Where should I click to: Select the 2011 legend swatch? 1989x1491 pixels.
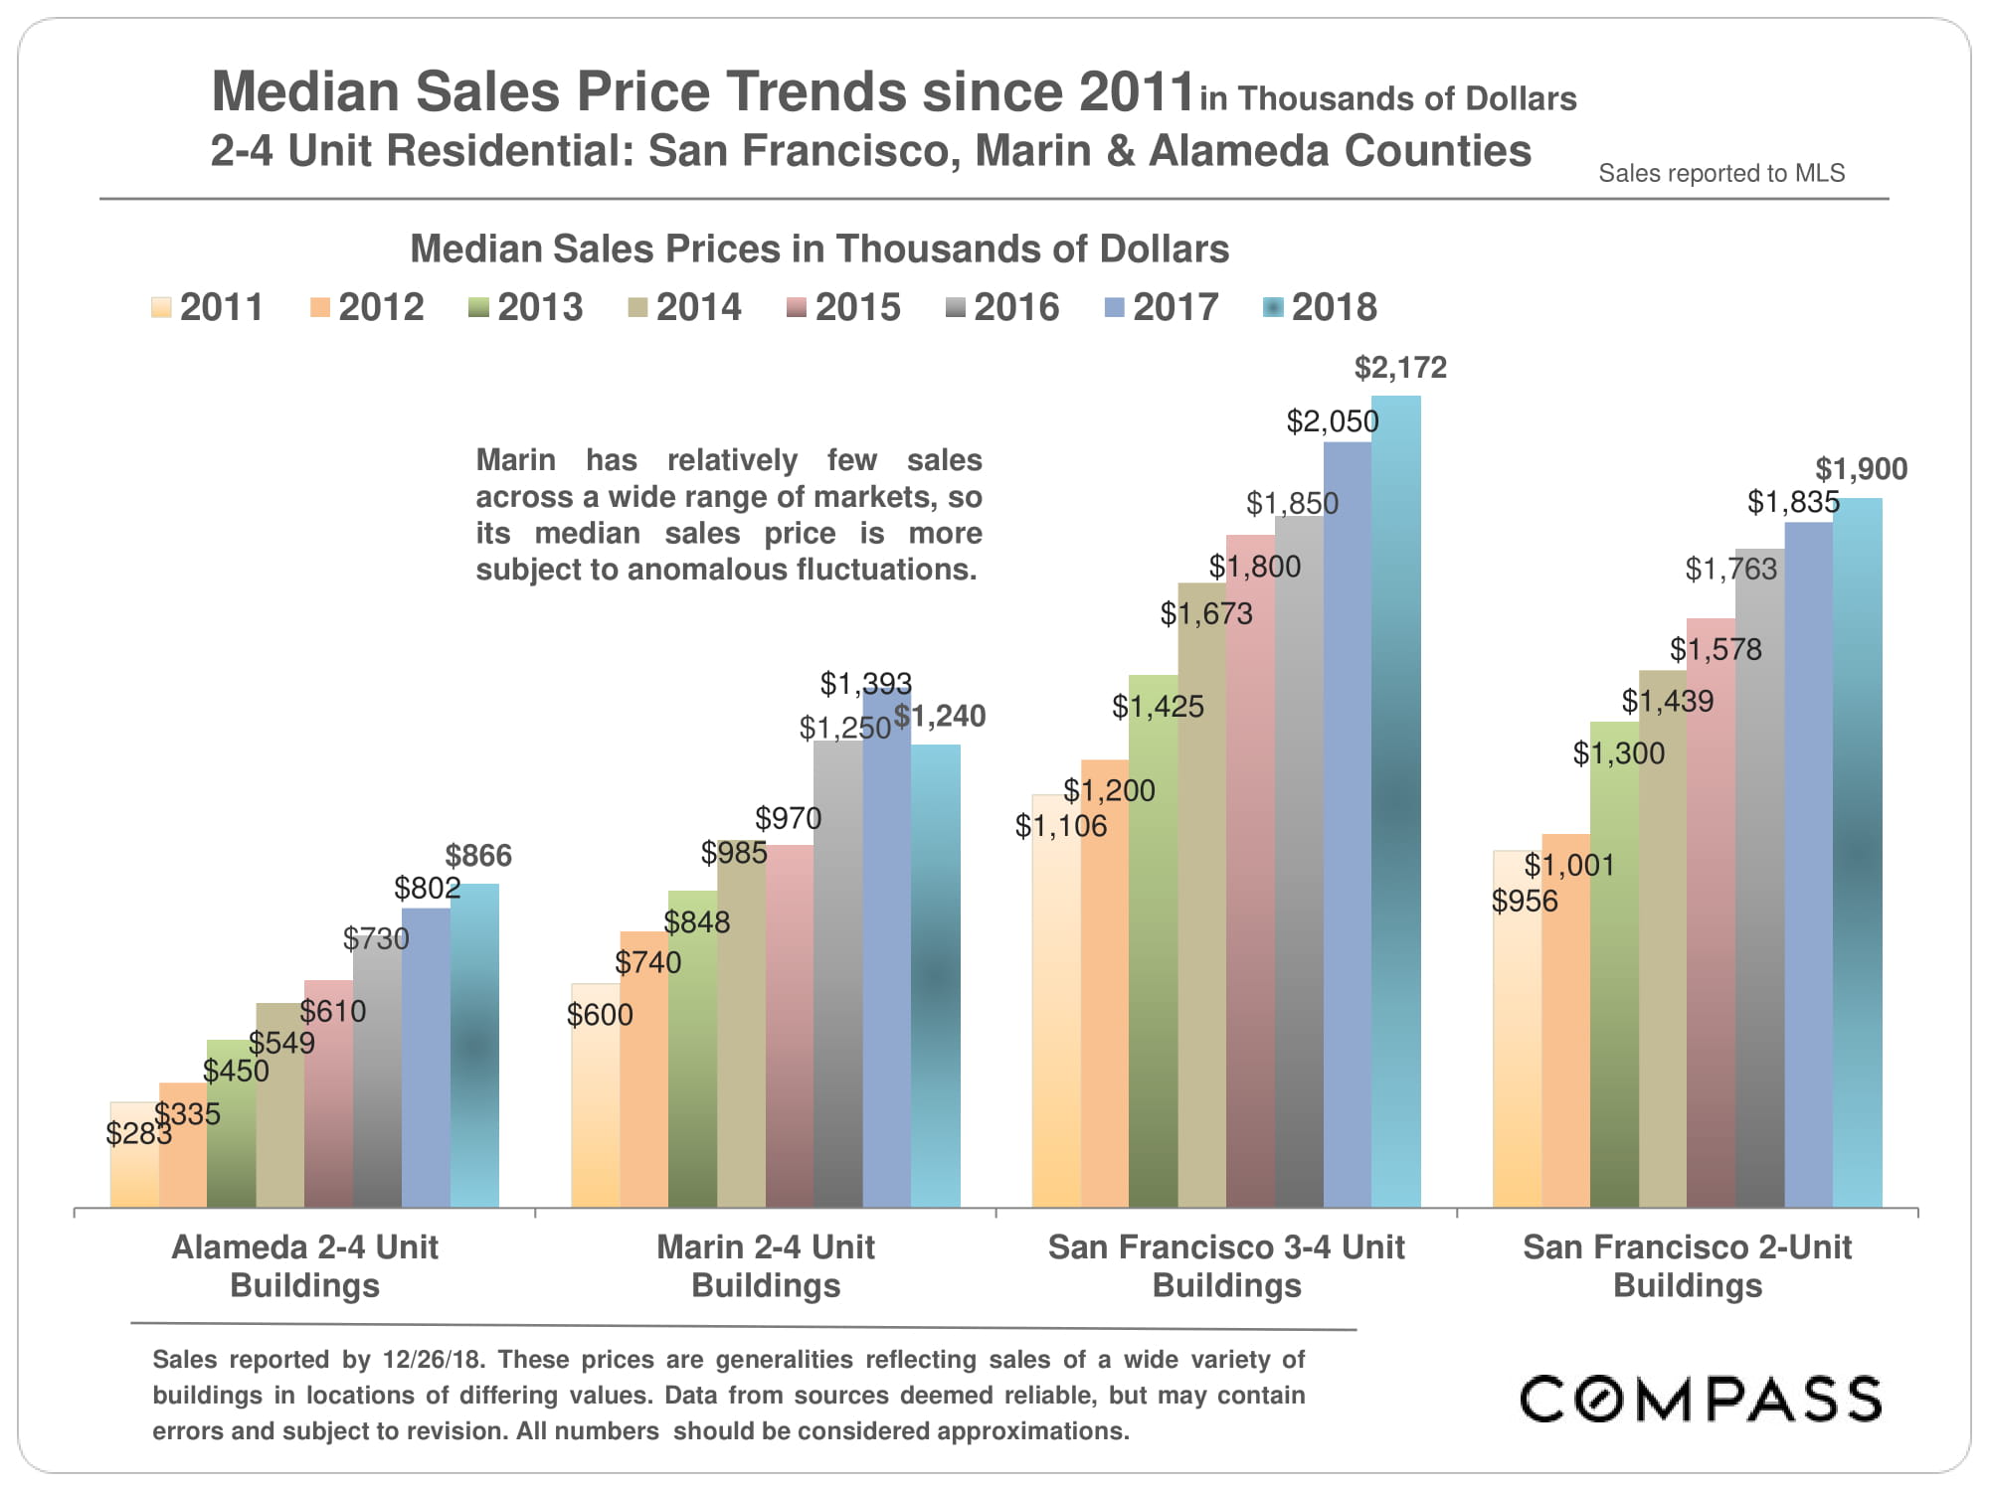pyautogui.click(x=161, y=307)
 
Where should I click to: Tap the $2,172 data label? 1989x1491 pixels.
pyautogui.click(x=1400, y=368)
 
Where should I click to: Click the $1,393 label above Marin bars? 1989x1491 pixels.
pyautogui.click(x=865, y=683)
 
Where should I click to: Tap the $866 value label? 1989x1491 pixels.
pyautogui.click(x=478, y=856)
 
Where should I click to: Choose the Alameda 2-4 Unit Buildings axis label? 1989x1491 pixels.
pyautogui.click(x=304, y=1265)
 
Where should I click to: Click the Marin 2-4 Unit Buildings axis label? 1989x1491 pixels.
pyautogui.click(x=766, y=1265)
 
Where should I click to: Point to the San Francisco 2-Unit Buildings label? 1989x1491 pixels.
pyautogui.click(x=1688, y=1265)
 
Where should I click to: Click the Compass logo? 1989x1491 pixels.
pyautogui.click(x=1701, y=1399)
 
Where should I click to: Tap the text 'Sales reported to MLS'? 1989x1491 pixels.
pyautogui.click(x=1721, y=173)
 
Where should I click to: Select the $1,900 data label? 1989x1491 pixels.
pyautogui.click(x=1861, y=469)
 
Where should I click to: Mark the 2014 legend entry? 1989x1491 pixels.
pyautogui.click(x=685, y=307)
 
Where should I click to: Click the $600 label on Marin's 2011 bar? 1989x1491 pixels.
pyautogui.click(x=600, y=1015)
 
